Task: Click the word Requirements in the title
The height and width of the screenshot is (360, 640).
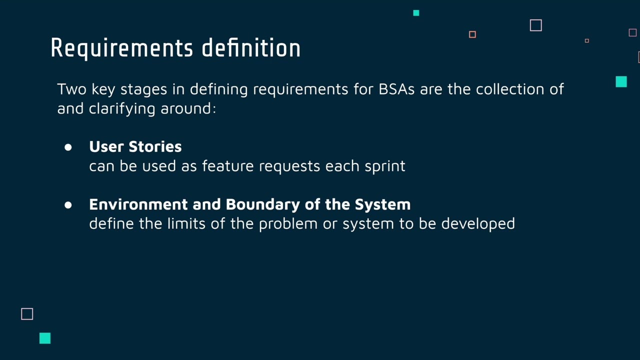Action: coord(121,48)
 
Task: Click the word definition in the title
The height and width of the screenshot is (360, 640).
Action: coord(251,48)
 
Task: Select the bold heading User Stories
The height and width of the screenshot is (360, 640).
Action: coord(135,146)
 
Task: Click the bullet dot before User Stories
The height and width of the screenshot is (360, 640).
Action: coord(68,147)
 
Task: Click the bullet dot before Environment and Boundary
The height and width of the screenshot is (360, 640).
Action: coord(68,205)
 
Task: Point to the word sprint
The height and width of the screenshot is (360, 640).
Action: coord(384,166)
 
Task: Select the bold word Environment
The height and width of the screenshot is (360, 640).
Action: coord(138,204)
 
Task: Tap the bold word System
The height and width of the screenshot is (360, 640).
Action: coord(382,204)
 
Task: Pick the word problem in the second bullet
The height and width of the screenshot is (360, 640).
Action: coord(288,223)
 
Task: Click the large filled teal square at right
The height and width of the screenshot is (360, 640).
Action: coord(621,82)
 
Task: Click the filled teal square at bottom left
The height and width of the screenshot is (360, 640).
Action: coord(45,338)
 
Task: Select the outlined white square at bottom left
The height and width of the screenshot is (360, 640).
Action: coord(27,314)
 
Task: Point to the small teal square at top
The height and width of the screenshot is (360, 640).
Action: coord(416,13)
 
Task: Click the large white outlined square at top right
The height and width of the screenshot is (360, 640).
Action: coord(535,25)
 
